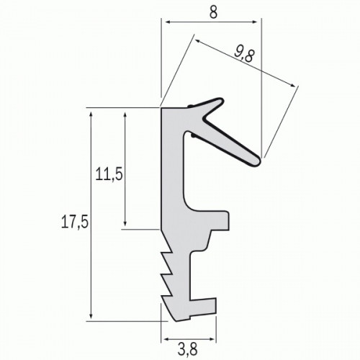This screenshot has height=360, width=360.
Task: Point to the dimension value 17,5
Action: tap(74, 223)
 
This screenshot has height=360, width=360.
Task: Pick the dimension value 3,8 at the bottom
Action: tap(188, 349)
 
